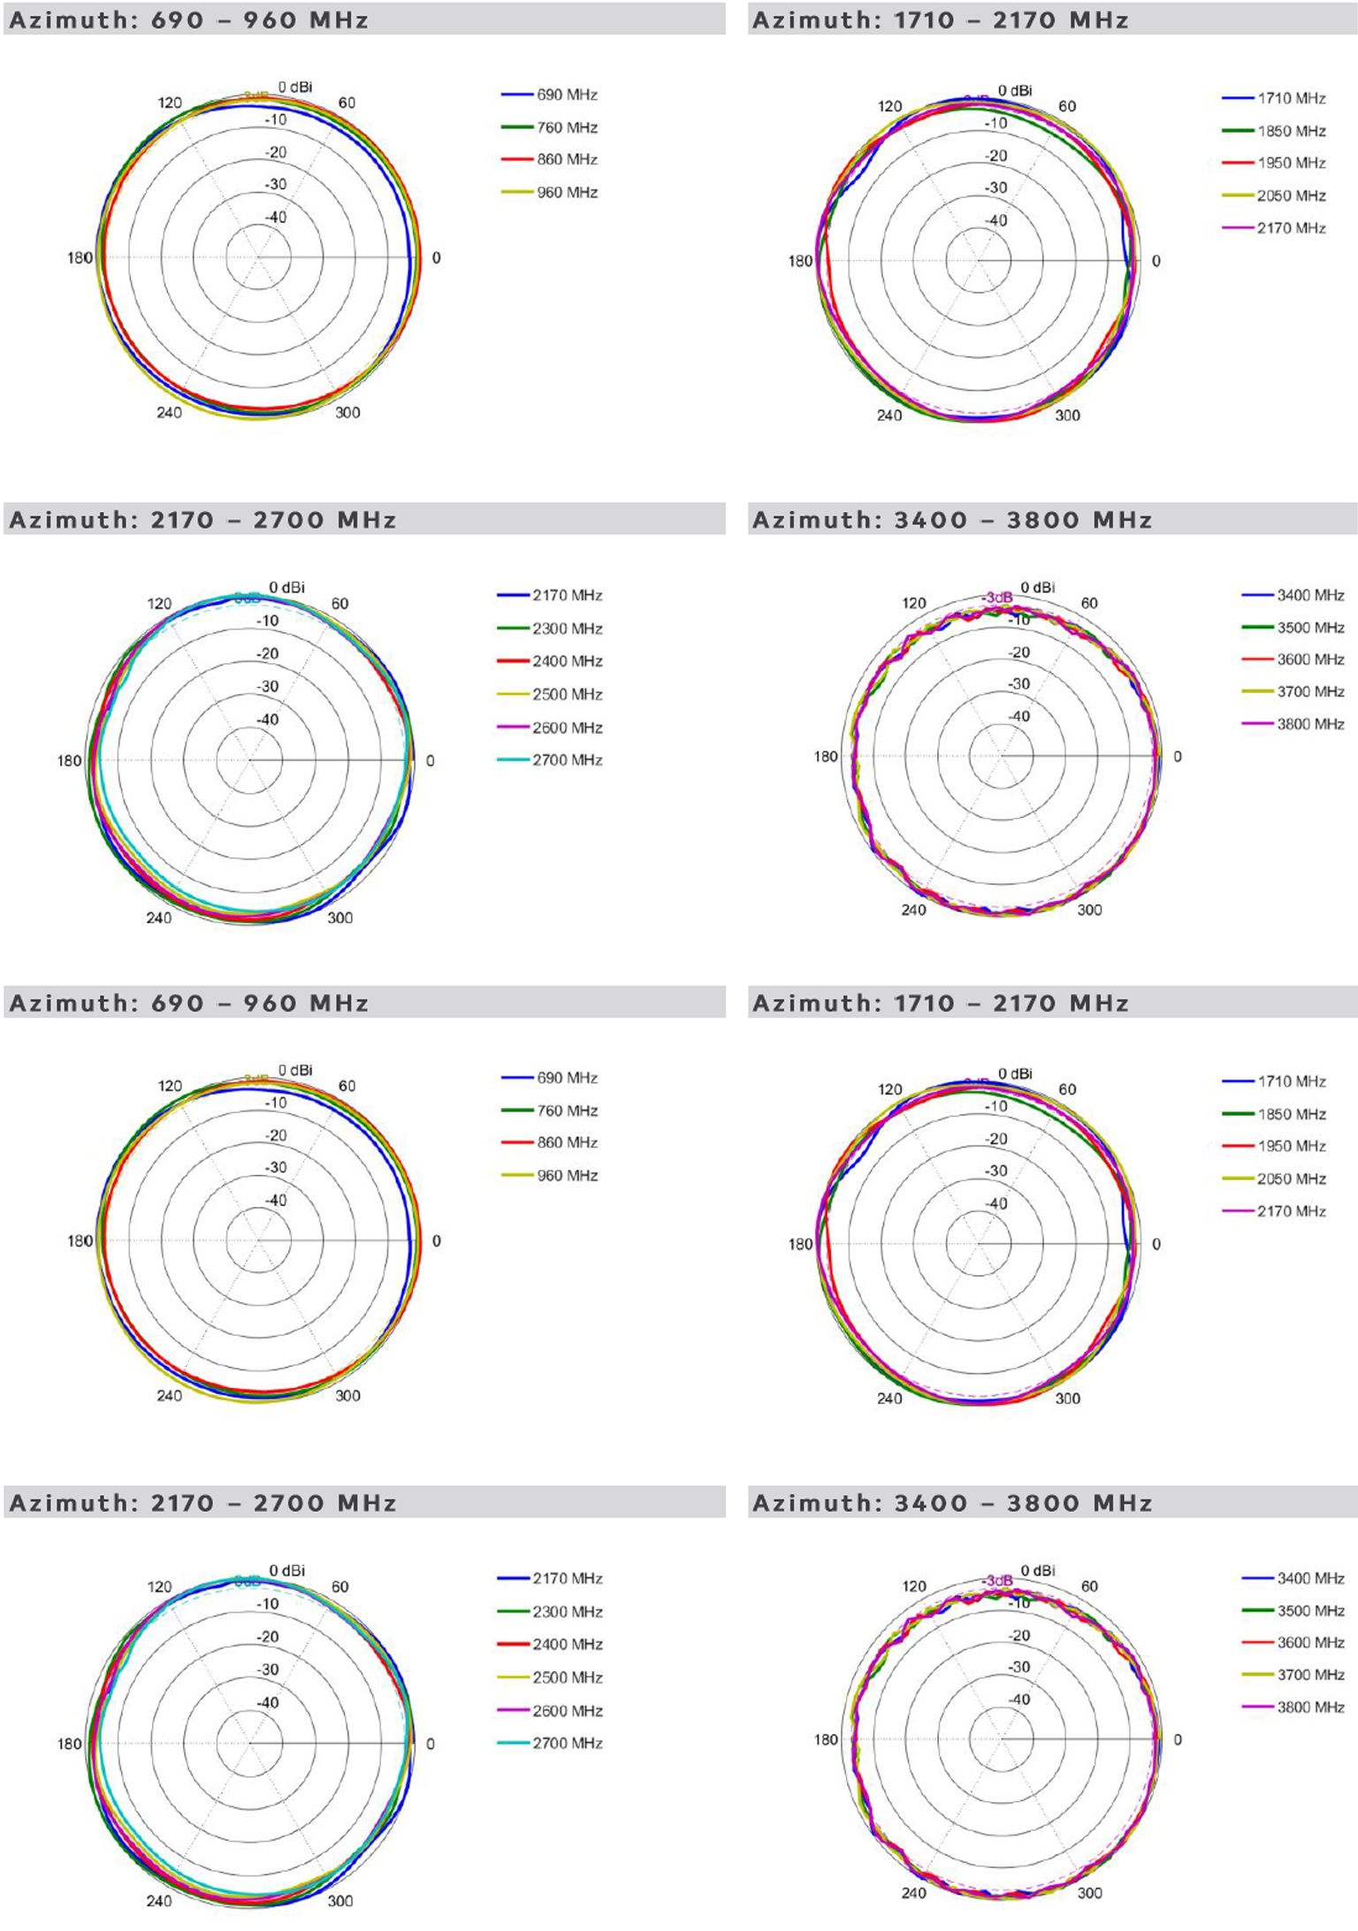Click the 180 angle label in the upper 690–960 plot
tap(80, 258)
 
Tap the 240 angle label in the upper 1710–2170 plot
tap(889, 416)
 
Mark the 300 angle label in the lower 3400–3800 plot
tap(1089, 1893)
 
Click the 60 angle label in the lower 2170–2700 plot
tap(340, 1586)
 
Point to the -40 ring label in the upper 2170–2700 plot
tap(268, 719)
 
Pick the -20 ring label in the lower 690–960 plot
tap(277, 1135)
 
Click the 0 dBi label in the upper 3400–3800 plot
tap(1038, 587)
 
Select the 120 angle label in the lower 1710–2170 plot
tap(889, 1089)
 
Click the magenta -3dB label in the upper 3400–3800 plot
tap(997, 598)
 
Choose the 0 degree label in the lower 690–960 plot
tap(436, 1241)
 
